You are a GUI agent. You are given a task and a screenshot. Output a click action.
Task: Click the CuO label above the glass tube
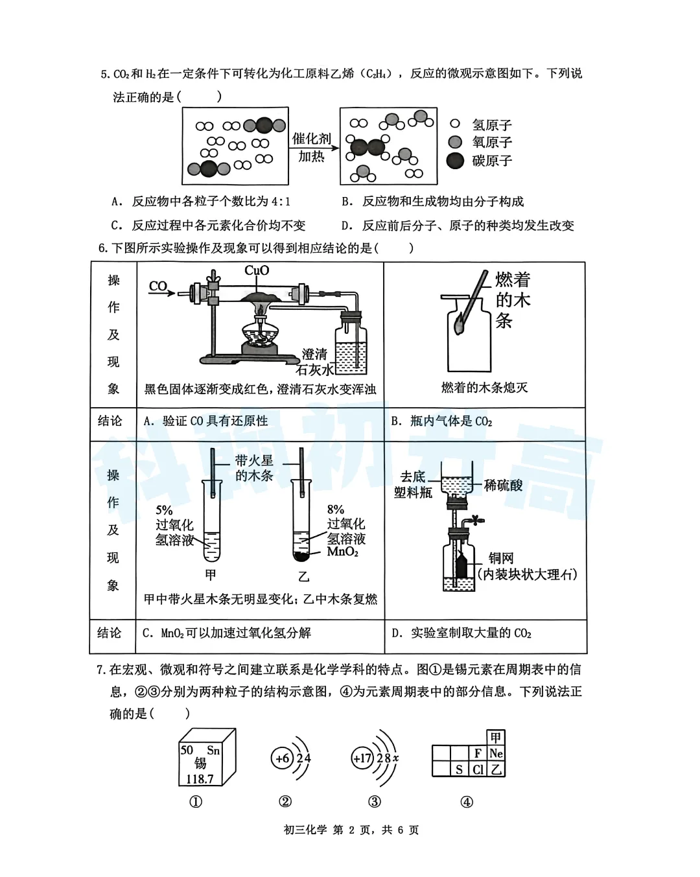tap(257, 270)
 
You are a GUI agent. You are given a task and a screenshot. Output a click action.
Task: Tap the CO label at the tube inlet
tap(158, 286)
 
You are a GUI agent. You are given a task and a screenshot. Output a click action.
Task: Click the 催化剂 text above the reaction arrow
tap(312, 139)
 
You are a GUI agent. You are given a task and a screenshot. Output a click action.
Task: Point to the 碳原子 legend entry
tap(492, 161)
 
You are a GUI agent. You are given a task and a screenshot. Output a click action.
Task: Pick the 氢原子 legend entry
tap(492, 124)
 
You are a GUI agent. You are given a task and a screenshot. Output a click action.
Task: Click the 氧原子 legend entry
tap(492, 143)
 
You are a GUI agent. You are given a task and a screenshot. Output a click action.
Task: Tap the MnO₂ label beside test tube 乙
tap(343, 552)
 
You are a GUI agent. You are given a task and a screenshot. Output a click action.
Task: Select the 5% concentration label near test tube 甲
tap(164, 510)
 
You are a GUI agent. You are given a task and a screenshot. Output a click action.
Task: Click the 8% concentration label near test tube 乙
tap(336, 509)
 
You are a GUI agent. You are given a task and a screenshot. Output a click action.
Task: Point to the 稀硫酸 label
tap(504, 485)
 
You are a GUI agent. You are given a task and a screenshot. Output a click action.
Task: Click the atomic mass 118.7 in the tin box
tap(200, 779)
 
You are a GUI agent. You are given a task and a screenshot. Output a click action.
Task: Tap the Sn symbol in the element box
tap(213, 751)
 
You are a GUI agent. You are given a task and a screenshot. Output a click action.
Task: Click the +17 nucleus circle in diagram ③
tap(362, 758)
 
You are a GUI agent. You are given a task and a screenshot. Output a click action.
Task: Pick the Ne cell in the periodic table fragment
tap(496, 753)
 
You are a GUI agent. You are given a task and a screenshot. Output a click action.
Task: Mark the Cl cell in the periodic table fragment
tap(478, 769)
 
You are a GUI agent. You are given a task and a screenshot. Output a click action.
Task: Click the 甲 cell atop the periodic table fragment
tap(496, 738)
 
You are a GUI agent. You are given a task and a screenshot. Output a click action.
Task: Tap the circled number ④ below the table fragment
tap(467, 802)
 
